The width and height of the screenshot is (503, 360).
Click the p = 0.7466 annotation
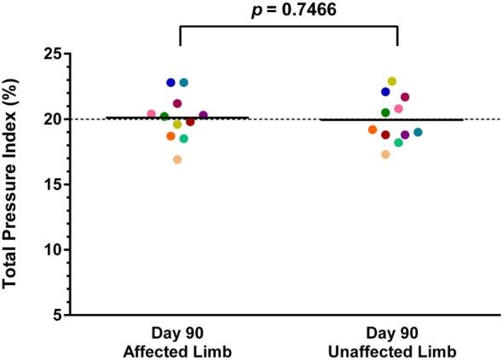click(288, 9)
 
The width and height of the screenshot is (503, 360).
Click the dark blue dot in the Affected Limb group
click(171, 83)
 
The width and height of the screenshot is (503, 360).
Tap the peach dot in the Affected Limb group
click(177, 160)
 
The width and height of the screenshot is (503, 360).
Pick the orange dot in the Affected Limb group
click(171, 136)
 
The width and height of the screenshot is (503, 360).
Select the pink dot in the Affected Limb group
click(152, 113)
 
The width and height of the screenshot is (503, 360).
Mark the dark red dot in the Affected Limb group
click(190, 122)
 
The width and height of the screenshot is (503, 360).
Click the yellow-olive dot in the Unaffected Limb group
click(392, 82)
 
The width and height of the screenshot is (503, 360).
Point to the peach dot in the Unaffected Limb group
click(385, 154)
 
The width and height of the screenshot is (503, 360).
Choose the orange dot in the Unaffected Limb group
click(373, 130)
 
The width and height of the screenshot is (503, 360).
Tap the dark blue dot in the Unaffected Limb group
click(385, 92)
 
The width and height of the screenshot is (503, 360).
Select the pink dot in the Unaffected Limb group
click(398, 109)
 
